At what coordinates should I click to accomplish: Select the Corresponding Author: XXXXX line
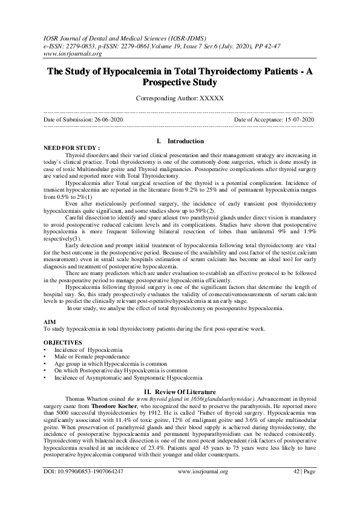tap(180, 98)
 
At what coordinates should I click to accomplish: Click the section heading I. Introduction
tap(180, 141)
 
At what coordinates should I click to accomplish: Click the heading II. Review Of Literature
tap(180, 391)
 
